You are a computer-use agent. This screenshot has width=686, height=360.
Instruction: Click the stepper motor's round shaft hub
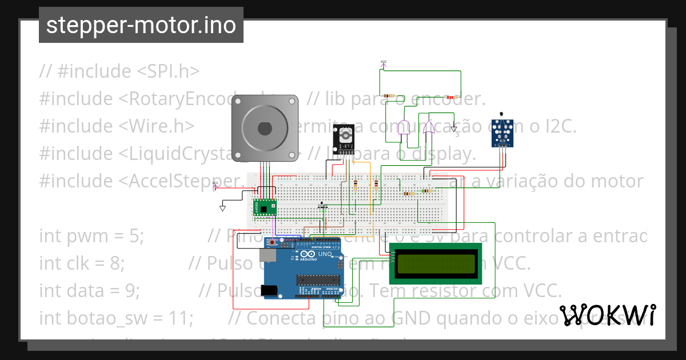tap(264, 128)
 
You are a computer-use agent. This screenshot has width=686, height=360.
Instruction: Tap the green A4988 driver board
tap(264, 207)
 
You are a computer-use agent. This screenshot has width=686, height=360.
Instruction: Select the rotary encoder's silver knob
tap(344, 135)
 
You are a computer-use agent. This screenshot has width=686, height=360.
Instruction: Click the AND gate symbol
tap(405, 129)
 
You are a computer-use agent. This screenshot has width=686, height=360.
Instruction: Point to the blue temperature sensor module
tap(502, 133)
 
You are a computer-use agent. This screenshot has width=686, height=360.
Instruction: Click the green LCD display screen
tap(436, 263)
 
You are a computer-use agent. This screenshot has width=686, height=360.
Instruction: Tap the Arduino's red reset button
tap(273, 243)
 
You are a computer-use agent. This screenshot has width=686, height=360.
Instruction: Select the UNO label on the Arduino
tap(325, 255)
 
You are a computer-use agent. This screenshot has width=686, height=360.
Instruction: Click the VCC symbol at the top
tap(383, 63)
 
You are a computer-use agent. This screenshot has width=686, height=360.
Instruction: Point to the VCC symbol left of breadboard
tap(216, 185)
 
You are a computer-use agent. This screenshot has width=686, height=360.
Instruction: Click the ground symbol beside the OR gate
tap(454, 129)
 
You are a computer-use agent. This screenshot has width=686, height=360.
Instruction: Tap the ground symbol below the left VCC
tap(222, 208)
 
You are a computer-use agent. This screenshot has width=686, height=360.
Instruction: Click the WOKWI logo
tap(608, 315)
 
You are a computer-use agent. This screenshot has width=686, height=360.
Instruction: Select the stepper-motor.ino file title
tap(141, 25)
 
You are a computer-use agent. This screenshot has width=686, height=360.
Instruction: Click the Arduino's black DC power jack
tap(271, 290)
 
